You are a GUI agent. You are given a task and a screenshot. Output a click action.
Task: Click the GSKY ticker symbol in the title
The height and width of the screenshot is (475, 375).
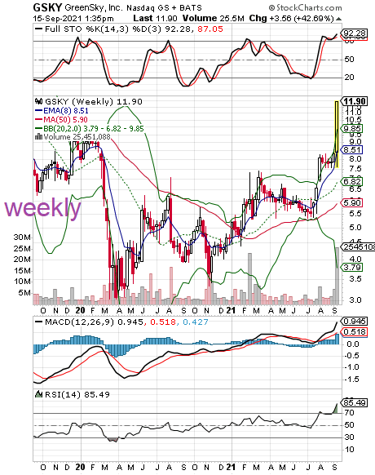[x=47, y=7]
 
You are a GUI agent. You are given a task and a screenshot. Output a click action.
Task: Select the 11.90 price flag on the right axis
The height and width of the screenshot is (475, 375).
[x=354, y=101]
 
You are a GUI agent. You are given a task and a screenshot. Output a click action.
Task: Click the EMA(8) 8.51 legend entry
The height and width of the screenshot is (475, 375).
[x=62, y=110]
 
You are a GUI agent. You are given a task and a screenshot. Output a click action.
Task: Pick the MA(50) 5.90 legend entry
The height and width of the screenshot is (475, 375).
[x=62, y=119]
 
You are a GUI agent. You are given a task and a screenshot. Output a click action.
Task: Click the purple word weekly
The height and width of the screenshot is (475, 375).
[x=42, y=208]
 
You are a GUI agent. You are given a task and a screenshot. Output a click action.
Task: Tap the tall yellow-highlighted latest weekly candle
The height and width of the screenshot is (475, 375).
[x=337, y=134]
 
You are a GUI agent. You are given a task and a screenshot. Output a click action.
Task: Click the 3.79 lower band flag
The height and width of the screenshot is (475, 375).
[x=351, y=268]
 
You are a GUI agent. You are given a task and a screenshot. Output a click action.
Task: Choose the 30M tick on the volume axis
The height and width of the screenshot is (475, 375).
[x=22, y=237]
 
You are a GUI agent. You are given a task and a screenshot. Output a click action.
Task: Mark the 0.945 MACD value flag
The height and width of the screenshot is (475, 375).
[x=354, y=321]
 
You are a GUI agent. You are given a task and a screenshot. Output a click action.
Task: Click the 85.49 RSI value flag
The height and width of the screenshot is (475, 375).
[x=354, y=403]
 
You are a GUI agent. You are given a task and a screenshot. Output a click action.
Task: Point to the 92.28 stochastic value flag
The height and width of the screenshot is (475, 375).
[x=354, y=33]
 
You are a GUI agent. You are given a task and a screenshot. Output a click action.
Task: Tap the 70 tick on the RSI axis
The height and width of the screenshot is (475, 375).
[x=349, y=413]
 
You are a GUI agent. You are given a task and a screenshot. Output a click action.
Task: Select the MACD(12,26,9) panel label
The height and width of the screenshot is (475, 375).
[x=80, y=322]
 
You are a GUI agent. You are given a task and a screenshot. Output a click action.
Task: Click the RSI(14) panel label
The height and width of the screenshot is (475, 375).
[x=63, y=394]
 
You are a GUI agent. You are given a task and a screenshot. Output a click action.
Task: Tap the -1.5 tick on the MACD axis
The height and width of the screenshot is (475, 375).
[x=351, y=380]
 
